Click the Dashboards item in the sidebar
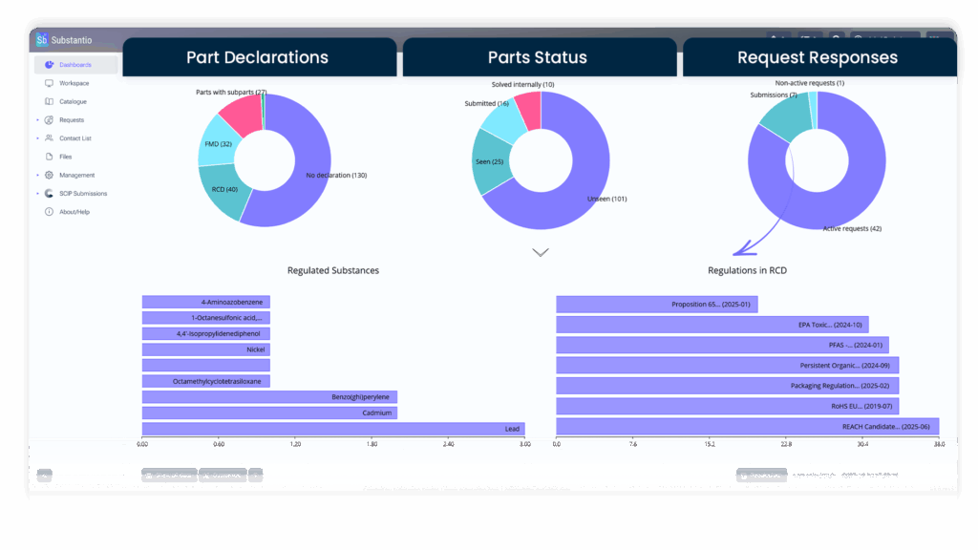pyautogui.click(x=75, y=65)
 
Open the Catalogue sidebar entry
pyautogui.click(x=73, y=101)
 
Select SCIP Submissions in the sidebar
pyautogui.click(x=83, y=193)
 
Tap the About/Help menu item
pyautogui.click(x=74, y=211)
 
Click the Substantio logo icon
pyautogui.click(x=42, y=40)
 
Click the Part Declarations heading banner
pyautogui.click(x=258, y=57)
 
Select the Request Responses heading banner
pyautogui.click(x=818, y=57)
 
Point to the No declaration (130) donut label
pyautogui.click(x=336, y=176)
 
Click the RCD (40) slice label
pyautogui.click(x=224, y=189)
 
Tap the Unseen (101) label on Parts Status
pyautogui.click(x=606, y=199)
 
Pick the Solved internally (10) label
pyautogui.click(x=522, y=84)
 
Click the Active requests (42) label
pyautogui.click(x=852, y=228)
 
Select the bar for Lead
pyautogui.click(x=333, y=429)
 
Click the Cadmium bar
pyautogui.click(x=269, y=412)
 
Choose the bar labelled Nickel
pyautogui.click(x=206, y=349)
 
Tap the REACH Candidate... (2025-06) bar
pyautogui.click(x=747, y=426)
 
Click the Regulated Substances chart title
pyautogui.click(x=333, y=270)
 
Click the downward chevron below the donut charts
pyautogui.click(x=541, y=252)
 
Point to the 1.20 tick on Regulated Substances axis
pyautogui.click(x=295, y=444)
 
